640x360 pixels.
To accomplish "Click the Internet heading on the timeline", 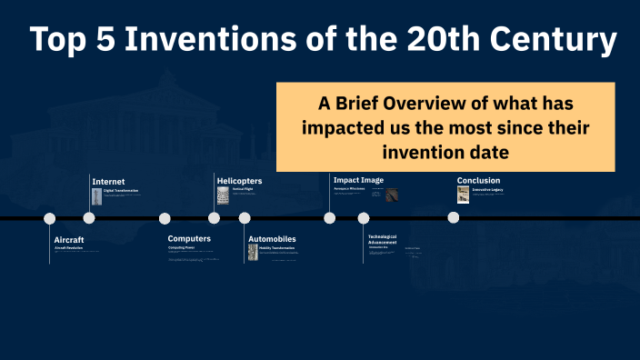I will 108,182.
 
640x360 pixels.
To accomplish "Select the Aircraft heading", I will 69,239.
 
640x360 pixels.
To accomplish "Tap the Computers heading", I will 189,239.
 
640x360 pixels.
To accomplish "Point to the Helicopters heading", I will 239,181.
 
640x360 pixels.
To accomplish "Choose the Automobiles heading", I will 272,239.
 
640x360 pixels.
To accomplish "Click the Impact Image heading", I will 358,180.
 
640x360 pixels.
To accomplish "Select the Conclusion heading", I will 478,180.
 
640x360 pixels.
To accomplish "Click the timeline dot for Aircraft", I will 50,218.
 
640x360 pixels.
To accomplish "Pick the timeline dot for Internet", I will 89,218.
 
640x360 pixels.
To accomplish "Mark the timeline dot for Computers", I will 165,218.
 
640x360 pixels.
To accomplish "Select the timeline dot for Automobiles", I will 245,218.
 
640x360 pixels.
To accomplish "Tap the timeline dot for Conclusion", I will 454,218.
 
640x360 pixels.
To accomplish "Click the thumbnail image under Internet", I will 96,195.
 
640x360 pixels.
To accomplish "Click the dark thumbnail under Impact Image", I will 392,195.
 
